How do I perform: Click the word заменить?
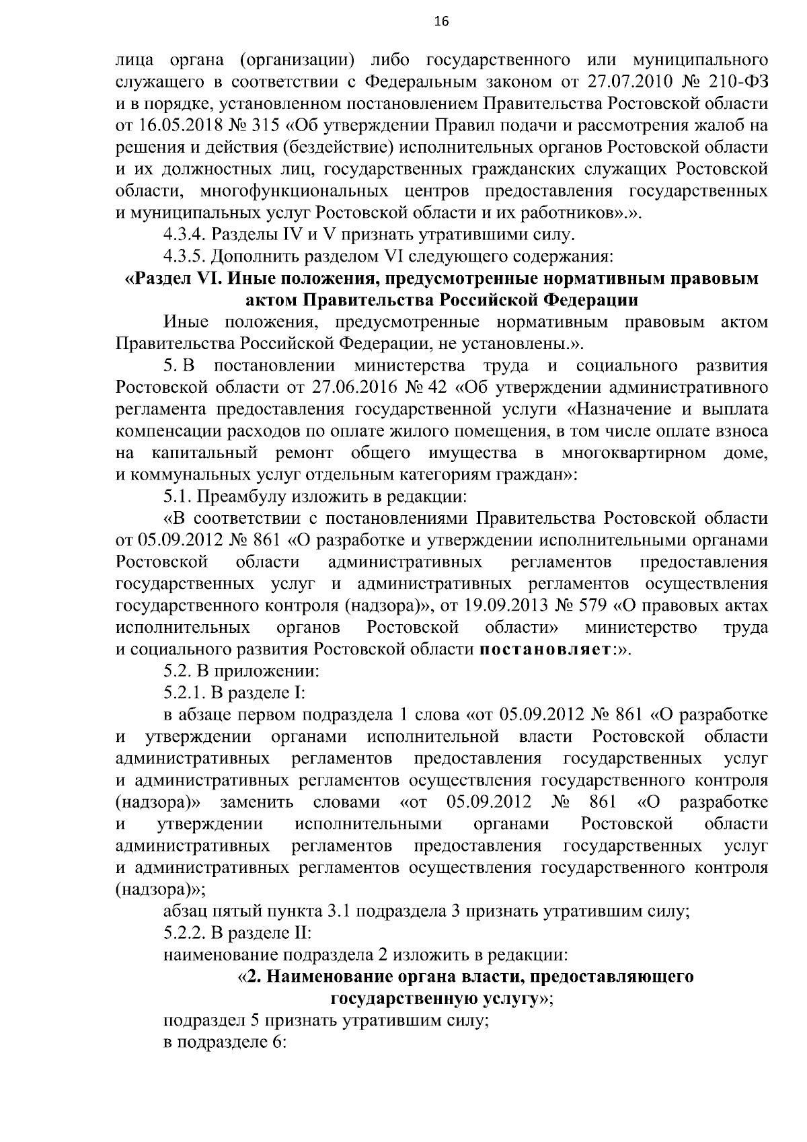coord(256,802)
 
